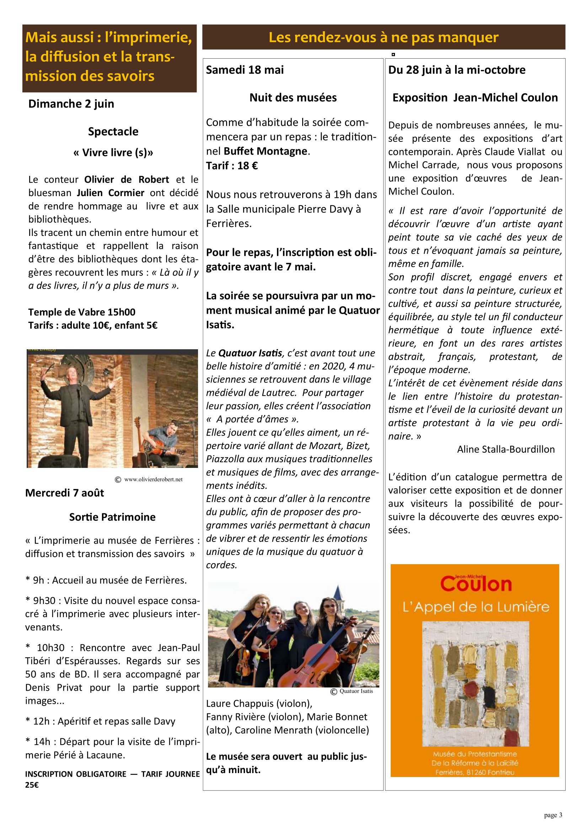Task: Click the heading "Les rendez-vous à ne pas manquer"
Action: pos(384,37)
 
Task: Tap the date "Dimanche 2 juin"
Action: pos(71,104)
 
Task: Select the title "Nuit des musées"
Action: pos(293,97)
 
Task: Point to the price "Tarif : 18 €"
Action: pos(232,166)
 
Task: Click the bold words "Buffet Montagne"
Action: pos(266,151)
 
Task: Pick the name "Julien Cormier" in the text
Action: pos(111,193)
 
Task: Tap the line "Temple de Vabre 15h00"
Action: pos(82,312)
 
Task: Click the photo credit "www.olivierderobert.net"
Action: pos(153,480)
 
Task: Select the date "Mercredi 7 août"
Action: pos(64,493)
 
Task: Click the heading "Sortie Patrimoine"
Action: pos(112,517)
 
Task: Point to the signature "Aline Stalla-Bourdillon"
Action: pos(506,449)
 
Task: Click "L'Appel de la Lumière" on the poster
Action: pos(476,607)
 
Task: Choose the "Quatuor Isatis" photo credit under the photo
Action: pos(356,691)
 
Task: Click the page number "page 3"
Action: pos(553,815)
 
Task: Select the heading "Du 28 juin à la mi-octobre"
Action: pos(456,70)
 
